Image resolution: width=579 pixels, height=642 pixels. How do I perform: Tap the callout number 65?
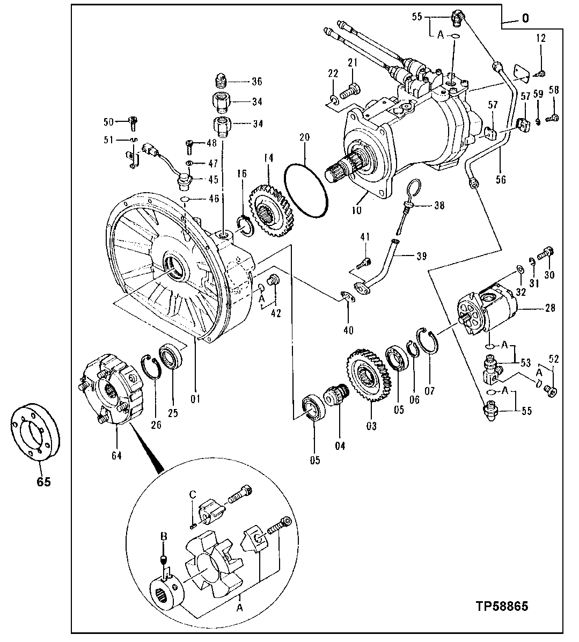click(x=43, y=481)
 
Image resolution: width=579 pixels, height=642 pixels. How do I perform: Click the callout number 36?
click(x=256, y=82)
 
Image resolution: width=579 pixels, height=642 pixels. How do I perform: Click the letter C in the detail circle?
click(x=192, y=493)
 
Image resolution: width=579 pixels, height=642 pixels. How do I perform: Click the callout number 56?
click(x=501, y=180)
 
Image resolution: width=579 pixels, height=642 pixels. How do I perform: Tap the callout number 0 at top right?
click(x=525, y=18)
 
